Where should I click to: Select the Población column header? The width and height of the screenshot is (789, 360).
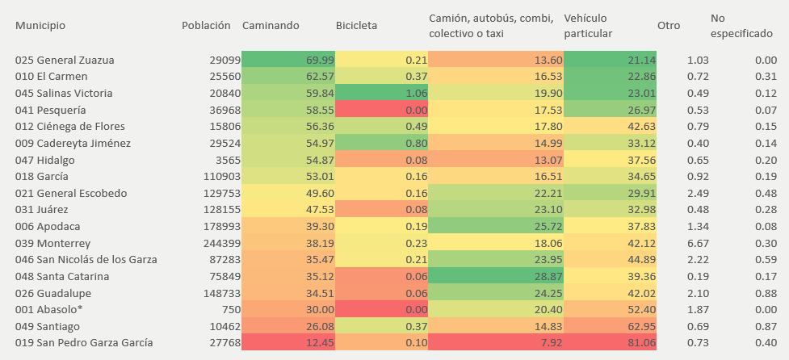(x=206, y=25)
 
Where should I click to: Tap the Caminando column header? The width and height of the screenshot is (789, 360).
(x=271, y=25)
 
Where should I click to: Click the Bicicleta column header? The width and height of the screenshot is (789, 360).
(x=356, y=25)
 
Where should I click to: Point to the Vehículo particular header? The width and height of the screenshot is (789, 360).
(x=588, y=25)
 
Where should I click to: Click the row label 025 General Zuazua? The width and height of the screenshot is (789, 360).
(x=65, y=60)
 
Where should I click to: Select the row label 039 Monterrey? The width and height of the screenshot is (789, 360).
(x=52, y=243)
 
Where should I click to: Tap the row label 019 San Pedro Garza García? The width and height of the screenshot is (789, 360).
(x=83, y=343)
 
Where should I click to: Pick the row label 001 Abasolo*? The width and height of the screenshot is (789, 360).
(x=48, y=309)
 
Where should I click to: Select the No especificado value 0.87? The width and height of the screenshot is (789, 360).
(x=766, y=326)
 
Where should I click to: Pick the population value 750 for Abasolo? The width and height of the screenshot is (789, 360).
(x=231, y=309)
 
